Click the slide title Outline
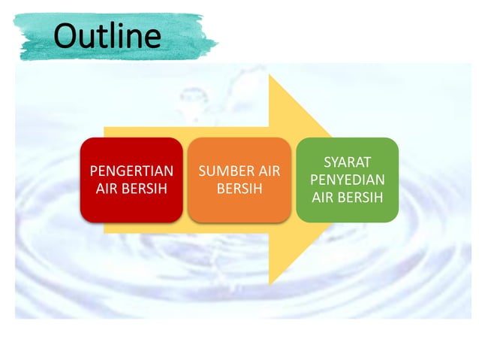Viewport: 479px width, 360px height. pyautogui.click(x=108, y=35)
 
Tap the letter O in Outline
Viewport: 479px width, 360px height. pyautogui.click(x=68, y=35)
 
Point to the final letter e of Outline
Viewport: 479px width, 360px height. pyautogui.click(x=152, y=38)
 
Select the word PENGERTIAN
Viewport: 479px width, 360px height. pyautogui.click(x=131, y=171)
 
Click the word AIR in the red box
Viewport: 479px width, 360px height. pyautogui.click(x=108, y=188)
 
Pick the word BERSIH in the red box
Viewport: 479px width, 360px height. pyautogui.click(x=143, y=188)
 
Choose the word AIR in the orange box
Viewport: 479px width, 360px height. pyautogui.click(x=268, y=171)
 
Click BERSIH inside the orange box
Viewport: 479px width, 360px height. pyautogui.click(x=239, y=188)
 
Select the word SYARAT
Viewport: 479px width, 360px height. pyautogui.click(x=347, y=162)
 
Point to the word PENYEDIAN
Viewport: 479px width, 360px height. pyautogui.click(x=347, y=180)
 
